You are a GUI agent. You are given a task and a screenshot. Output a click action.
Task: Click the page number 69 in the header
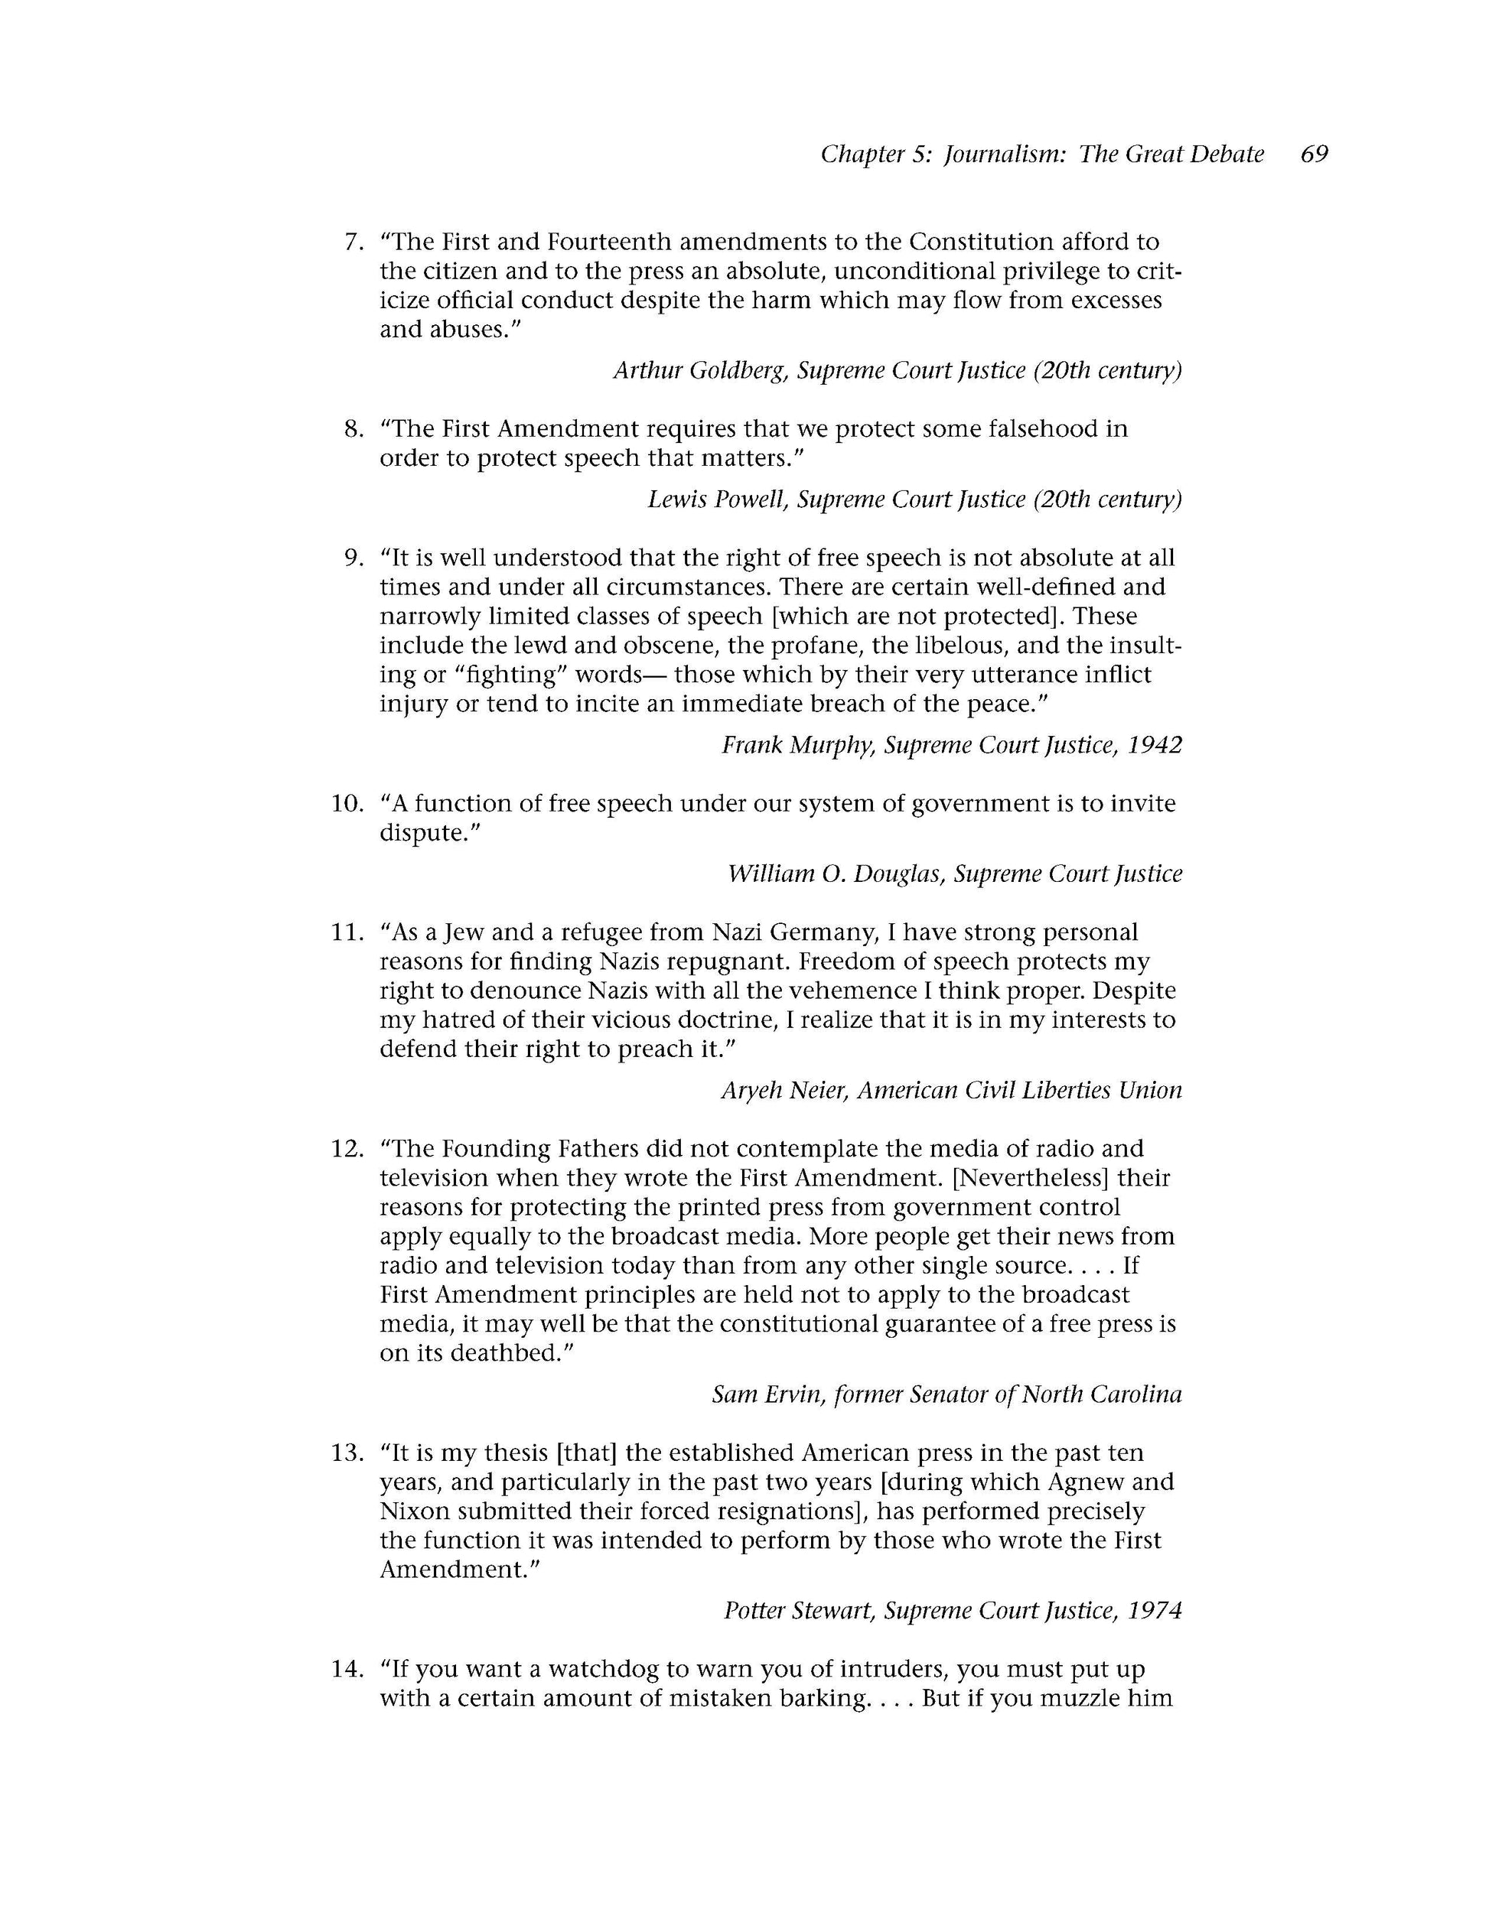pos(1314,155)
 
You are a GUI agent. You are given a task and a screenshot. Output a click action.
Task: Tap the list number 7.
pos(354,242)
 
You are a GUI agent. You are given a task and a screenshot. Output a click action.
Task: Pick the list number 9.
pos(354,558)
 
